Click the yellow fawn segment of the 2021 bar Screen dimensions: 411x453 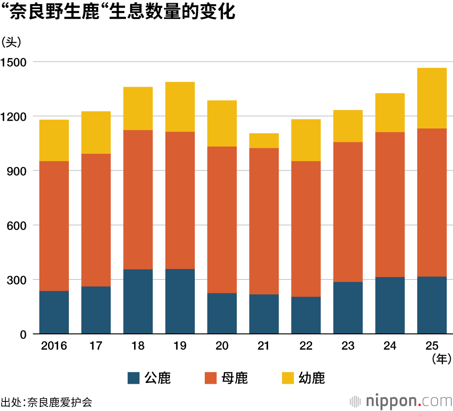(264, 141)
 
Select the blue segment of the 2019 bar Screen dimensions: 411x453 (180, 301)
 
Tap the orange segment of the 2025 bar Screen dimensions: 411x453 (432, 202)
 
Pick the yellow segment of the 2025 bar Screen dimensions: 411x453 (432, 98)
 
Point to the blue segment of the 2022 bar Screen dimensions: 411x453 (306, 315)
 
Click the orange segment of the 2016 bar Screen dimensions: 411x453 (54, 226)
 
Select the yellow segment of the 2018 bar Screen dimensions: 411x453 (138, 108)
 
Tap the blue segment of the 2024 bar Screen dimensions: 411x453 (390, 305)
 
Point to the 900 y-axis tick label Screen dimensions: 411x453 (17, 171)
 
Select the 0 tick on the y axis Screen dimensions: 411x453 (24, 334)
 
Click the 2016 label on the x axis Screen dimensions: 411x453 (54, 346)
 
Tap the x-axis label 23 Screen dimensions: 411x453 (348, 346)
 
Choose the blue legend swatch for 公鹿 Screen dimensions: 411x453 (134, 378)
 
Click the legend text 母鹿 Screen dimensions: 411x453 (235, 378)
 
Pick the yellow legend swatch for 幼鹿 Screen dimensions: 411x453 (288, 378)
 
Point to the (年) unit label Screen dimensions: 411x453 (441, 359)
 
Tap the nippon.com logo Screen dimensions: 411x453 (401, 401)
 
